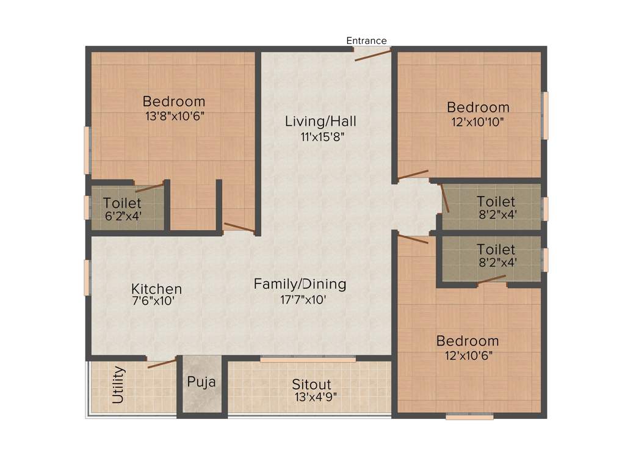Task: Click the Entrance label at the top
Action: pos(366,41)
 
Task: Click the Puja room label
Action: pos(201,382)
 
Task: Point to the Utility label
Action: pos(119,385)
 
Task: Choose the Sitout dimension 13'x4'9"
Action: pos(316,396)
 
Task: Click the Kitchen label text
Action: pos(156,289)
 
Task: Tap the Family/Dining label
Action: pos(300,284)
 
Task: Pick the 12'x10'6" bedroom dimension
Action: pos(467,354)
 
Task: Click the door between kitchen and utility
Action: pos(162,363)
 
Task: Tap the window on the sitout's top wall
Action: pos(308,360)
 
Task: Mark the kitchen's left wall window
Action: pos(87,278)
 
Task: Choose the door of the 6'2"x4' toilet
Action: pos(150,187)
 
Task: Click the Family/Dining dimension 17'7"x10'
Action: pos(300,299)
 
